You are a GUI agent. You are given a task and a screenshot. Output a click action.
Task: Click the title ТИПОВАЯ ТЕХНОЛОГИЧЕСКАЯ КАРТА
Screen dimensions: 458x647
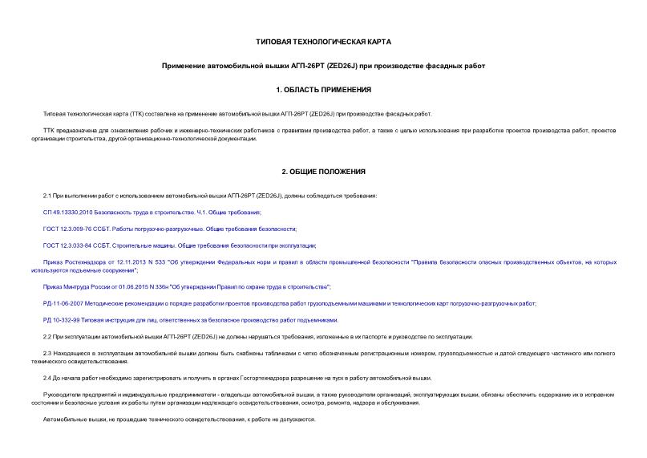pos(323,41)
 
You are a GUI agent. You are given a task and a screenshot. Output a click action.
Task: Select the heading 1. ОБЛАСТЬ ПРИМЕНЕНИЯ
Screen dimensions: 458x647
pos(323,89)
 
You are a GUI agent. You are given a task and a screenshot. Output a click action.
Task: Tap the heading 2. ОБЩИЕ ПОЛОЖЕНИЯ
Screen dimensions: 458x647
pos(323,172)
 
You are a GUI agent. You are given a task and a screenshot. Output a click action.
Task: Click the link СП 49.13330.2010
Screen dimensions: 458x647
pos(68,212)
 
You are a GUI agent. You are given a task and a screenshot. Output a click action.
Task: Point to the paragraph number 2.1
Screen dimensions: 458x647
pos(47,196)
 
